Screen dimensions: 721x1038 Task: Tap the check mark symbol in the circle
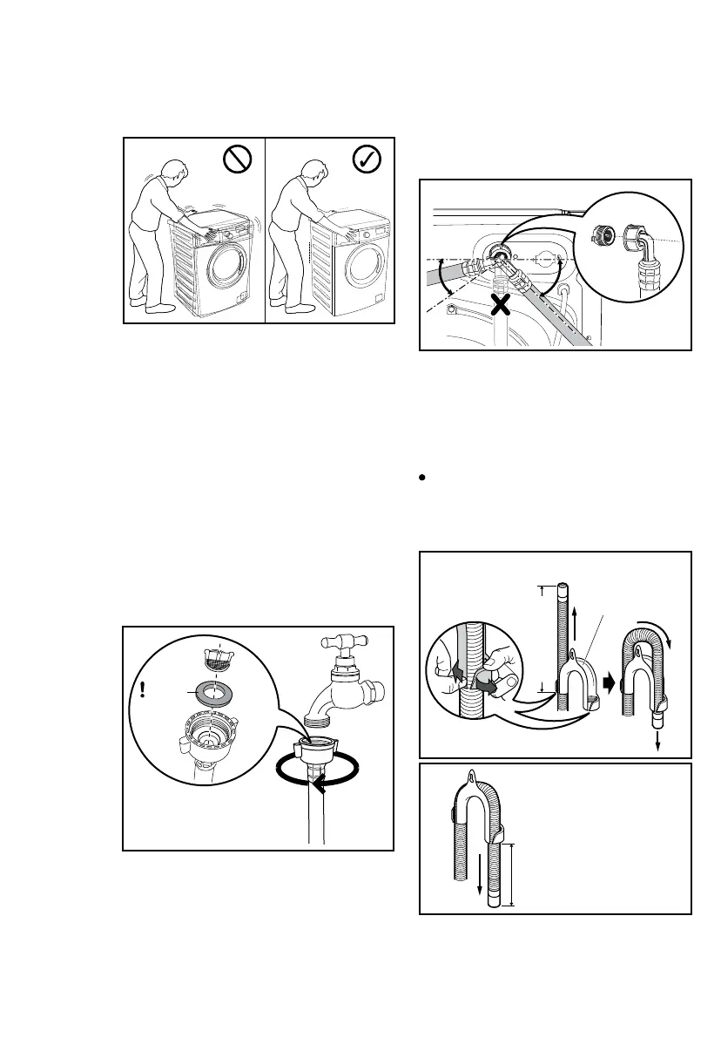point(368,159)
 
